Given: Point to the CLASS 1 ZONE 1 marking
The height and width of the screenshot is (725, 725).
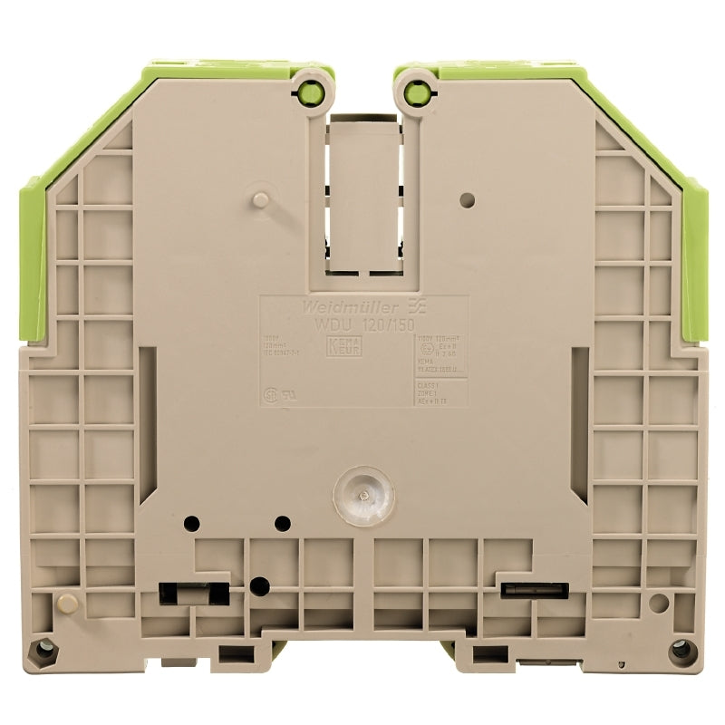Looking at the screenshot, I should [x=426, y=391].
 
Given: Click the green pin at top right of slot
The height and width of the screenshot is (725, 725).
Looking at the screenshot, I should [x=417, y=90].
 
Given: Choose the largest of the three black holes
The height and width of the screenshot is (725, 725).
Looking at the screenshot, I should [x=259, y=585].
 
